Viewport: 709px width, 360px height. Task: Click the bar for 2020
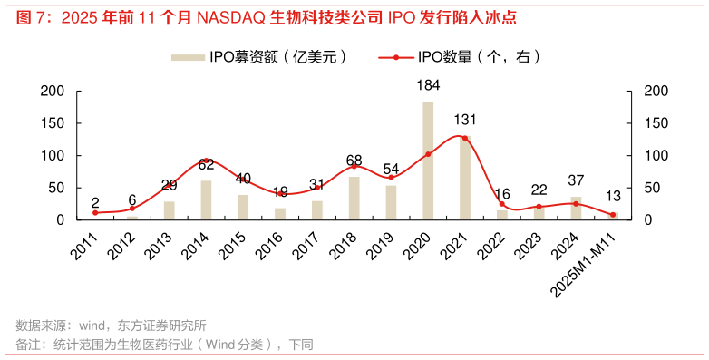tap(428, 161)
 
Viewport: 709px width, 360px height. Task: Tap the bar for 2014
tap(206, 199)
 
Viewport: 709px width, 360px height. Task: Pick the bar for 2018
tap(354, 198)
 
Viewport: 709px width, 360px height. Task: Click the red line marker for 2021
tap(465, 138)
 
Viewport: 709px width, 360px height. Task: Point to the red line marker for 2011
tap(95, 212)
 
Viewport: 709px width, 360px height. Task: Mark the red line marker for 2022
tap(501, 204)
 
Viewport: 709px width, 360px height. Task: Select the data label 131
tap(465, 120)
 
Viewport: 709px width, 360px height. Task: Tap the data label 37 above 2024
tap(576, 180)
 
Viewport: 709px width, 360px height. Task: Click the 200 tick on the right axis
tap(655, 91)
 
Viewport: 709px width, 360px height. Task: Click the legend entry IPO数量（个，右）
tap(476, 57)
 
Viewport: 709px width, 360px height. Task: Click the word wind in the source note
tap(93, 326)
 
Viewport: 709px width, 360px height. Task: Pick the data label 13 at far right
tap(613, 196)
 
